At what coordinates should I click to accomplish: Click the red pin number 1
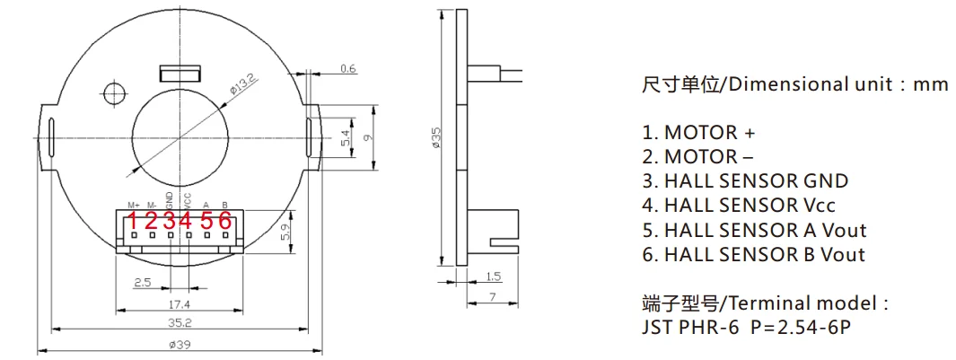(132, 220)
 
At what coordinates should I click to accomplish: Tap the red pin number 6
(225, 220)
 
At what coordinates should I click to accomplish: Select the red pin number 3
(169, 220)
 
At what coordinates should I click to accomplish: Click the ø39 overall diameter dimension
(178, 344)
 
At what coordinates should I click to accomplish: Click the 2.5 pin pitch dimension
(142, 283)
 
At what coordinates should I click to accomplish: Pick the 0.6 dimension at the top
(348, 68)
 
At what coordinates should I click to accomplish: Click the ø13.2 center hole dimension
(244, 86)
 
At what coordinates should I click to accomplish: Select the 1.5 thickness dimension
(493, 277)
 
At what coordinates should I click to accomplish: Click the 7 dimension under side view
(494, 296)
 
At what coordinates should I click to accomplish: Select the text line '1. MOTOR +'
(698, 133)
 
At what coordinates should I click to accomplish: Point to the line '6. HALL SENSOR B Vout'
(753, 254)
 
